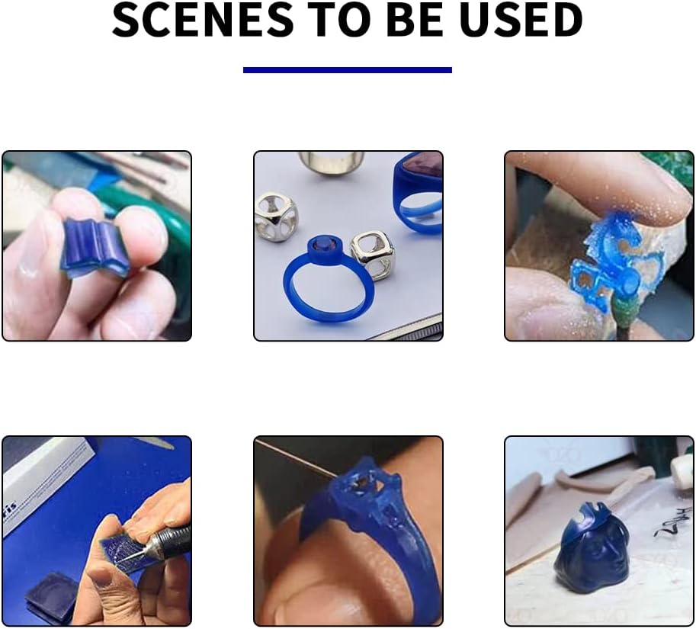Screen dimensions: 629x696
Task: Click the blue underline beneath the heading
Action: tap(347, 70)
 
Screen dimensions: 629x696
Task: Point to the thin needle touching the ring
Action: tap(293, 457)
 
